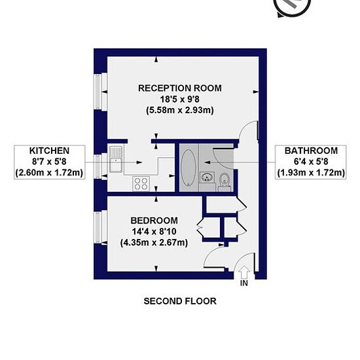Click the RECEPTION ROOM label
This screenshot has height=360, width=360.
click(180, 88)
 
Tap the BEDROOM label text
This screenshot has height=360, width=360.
click(154, 221)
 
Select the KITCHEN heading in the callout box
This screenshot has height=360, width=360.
click(49, 151)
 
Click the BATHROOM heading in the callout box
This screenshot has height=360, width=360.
click(311, 151)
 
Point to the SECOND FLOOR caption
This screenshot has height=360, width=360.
click(180, 301)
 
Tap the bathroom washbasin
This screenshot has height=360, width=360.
click(207, 177)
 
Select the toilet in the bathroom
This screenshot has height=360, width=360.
click(225, 181)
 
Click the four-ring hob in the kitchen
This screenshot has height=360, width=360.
click(141, 184)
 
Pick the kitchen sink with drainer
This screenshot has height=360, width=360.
click(116, 160)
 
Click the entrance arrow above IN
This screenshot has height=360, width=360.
click(244, 272)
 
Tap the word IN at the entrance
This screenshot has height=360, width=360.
click(244, 283)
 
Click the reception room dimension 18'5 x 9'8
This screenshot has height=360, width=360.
click(180, 99)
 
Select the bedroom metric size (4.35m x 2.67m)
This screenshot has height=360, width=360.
click(154, 243)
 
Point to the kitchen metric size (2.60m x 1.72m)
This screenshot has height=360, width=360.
click(49, 172)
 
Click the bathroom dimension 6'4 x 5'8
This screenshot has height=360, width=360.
click(311, 162)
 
